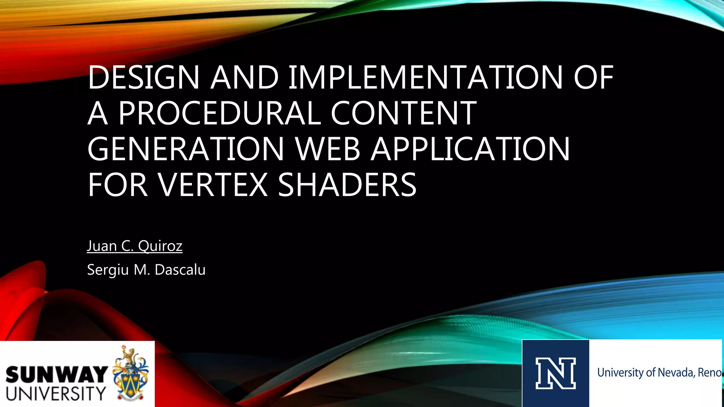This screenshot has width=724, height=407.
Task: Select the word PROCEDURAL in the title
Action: [219, 113]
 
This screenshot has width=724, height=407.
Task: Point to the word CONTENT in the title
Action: [403, 113]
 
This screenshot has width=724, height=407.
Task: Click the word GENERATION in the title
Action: [186, 149]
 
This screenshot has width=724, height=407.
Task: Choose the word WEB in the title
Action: [327, 149]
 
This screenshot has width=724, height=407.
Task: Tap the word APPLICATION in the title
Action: [470, 149]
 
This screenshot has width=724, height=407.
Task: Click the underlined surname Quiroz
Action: [160, 246]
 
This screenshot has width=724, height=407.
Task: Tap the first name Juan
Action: [102, 246]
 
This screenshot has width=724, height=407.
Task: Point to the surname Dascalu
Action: [180, 270]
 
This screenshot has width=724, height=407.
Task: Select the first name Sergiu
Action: [108, 270]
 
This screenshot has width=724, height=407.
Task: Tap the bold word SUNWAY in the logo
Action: [57, 375]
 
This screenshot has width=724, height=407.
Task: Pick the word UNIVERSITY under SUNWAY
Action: [56, 394]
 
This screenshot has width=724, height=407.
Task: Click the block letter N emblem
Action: [555, 373]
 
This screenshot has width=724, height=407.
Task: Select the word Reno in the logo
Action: [709, 373]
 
